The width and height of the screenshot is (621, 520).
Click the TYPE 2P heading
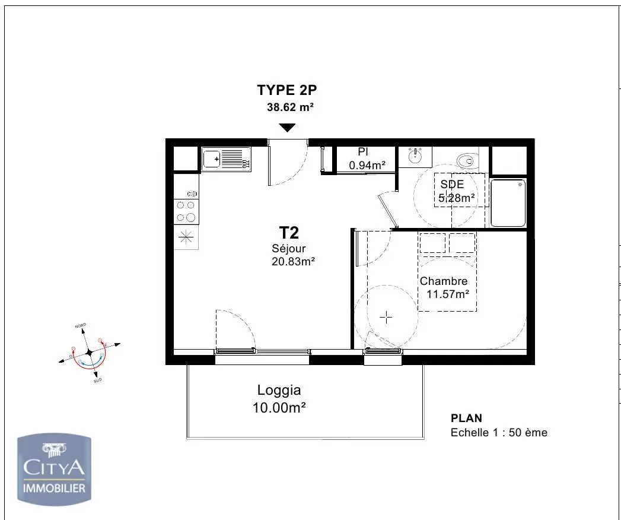coord(287,90)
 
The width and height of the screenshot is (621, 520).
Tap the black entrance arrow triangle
coord(287,128)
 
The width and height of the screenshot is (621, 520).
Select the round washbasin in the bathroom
coord(416,157)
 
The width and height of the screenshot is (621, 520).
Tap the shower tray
coord(508,204)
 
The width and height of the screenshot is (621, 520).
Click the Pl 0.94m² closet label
coord(367,159)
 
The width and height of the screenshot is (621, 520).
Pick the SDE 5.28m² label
coord(456,191)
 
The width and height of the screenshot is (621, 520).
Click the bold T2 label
coord(289,233)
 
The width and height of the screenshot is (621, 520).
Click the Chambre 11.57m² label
coord(445,287)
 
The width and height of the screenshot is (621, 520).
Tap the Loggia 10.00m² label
coord(279,399)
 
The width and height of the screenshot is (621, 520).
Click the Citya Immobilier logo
coord(54,470)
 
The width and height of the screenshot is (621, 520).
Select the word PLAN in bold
coord(466,418)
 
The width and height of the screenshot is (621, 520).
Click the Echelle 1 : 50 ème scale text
coord(498,433)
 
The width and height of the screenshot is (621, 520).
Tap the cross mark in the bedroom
coord(386,318)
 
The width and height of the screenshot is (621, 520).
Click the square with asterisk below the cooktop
coord(186,238)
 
